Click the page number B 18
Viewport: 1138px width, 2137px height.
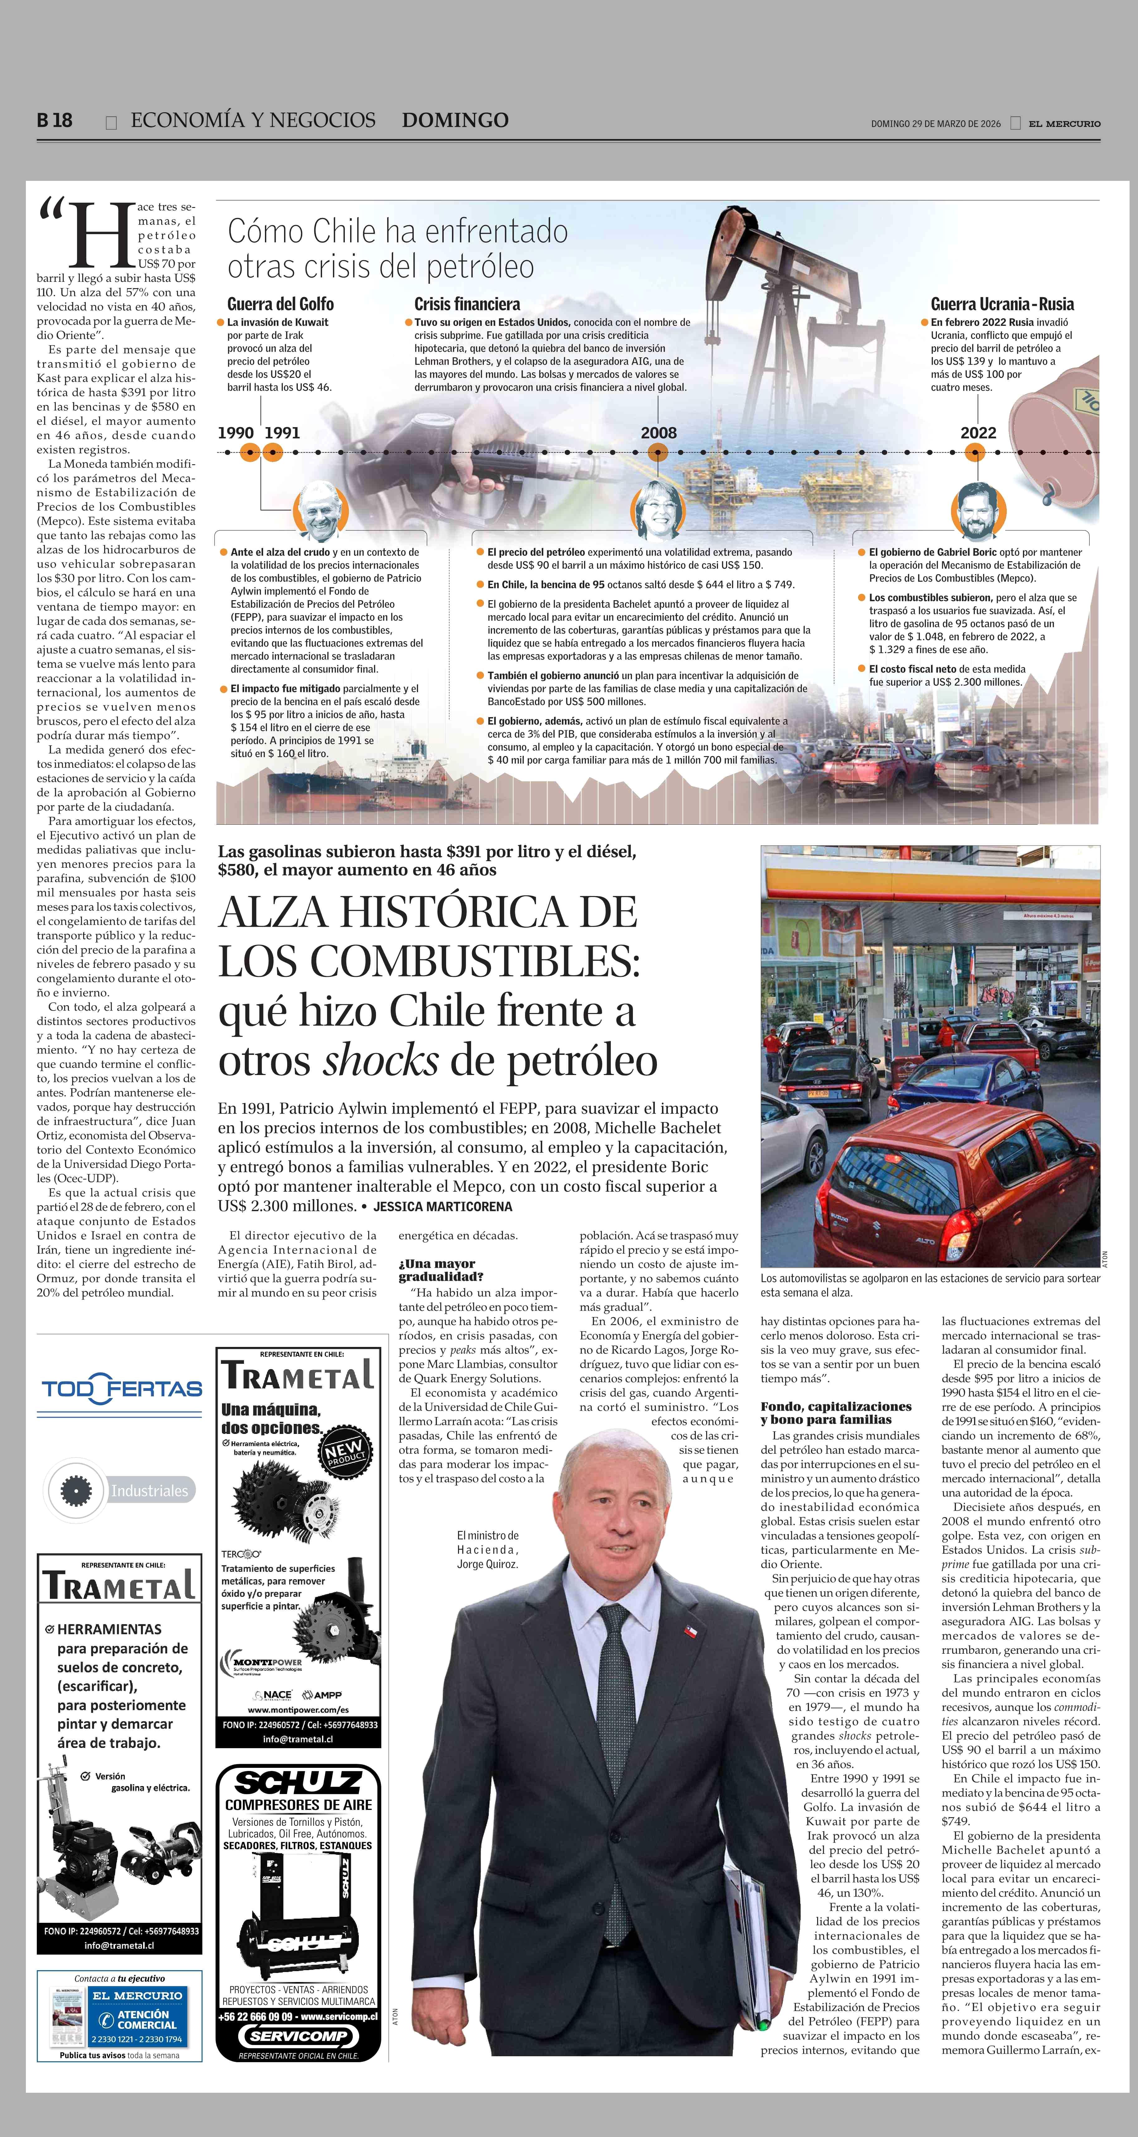point(55,120)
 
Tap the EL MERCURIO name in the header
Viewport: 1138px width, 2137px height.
point(1064,123)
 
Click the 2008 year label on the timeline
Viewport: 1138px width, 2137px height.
point(658,433)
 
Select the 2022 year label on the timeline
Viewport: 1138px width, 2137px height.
point(978,433)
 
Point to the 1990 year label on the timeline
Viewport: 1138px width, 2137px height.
point(236,433)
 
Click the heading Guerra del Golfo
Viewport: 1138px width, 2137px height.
point(280,304)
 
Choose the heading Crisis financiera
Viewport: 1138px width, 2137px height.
point(467,304)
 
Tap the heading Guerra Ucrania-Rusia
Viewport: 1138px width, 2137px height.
point(1002,304)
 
